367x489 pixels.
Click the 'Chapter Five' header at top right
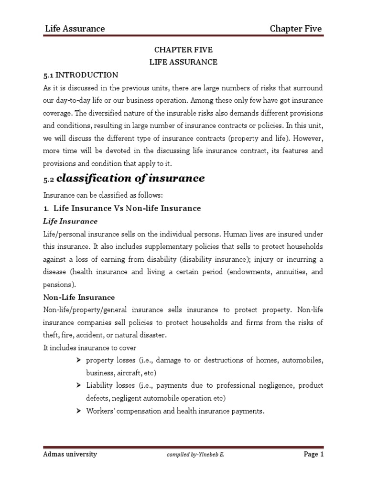pos(295,29)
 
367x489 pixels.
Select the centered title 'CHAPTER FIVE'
pos(183,50)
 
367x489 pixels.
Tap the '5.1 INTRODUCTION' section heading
pos(81,75)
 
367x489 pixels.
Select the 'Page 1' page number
pos(313,454)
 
